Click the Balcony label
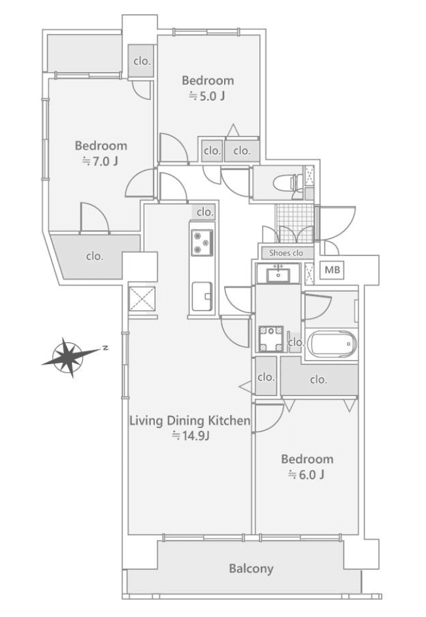[251, 569]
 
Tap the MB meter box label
[332, 271]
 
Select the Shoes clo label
[286, 254]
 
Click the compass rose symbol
[71, 356]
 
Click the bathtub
[332, 344]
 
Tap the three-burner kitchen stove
[202, 242]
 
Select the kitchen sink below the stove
[202, 297]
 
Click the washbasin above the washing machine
[278, 273]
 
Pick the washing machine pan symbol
[270, 339]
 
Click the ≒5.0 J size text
[207, 97]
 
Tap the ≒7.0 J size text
[100, 161]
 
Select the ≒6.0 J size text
[306, 475]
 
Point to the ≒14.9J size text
[190, 435]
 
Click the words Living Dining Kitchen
[190, 421]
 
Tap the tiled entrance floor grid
[295, 223]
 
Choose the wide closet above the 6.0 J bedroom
[319, 380]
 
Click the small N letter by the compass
[105, 348]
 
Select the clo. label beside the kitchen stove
[205, 212]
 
